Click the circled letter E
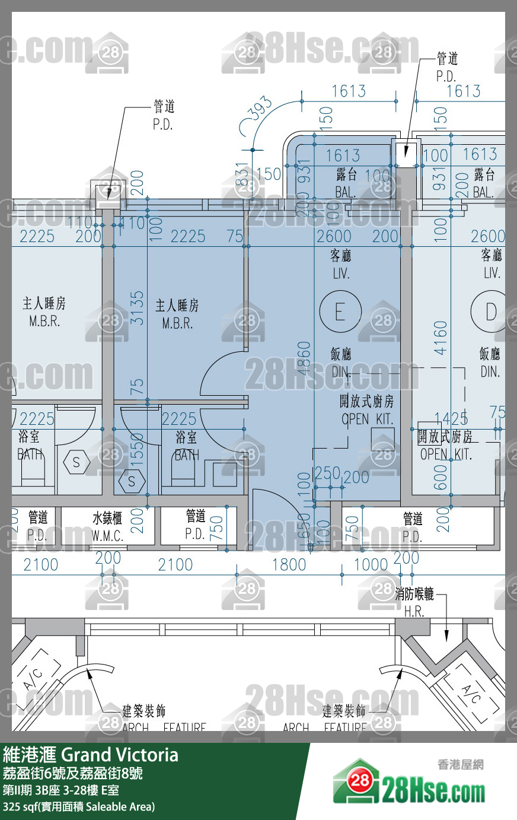(340, 311)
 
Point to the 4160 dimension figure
(441, 338)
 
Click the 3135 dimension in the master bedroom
(137, 307)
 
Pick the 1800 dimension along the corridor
(289, 564)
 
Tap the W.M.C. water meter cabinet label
(107, 527)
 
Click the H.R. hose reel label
(414, 611)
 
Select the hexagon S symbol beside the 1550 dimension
(132, 481)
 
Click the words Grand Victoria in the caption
(120, 755)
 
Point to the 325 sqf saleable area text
(79, 806)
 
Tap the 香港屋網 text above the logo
(460, 764)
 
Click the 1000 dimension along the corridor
(371, 564)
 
